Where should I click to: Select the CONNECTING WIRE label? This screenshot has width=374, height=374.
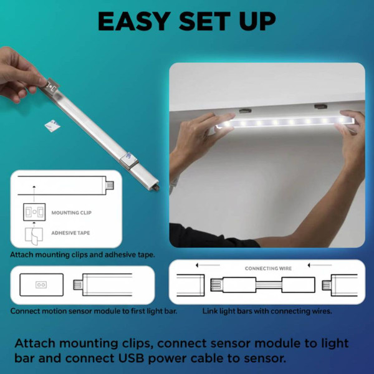(x=267, y=269)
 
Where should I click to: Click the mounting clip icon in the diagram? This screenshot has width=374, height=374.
(x=34, y=212)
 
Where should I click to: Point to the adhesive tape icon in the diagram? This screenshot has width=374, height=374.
(x=34, y=235)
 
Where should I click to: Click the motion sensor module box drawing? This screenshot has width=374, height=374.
(x=41, y=284)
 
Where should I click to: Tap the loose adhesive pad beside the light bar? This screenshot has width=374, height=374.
(x=49, y=125)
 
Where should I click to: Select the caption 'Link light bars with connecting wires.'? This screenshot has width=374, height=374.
(x=267, y=310)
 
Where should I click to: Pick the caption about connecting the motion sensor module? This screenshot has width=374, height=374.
(x=93, y=310)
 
